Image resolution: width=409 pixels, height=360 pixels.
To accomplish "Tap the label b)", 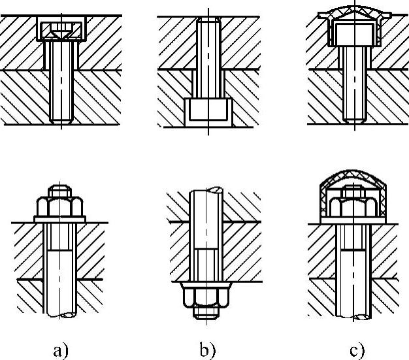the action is click(x=207, y=350).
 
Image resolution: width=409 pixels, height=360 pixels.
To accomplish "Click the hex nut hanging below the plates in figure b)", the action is click(x=207, y=297).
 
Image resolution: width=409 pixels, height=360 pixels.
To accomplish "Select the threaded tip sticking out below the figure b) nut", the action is click(x=207, y=314).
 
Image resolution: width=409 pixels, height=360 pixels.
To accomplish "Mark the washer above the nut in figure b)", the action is click(x=207, y=286).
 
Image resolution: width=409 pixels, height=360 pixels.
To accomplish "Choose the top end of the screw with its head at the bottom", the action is click(x=207, y=22).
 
